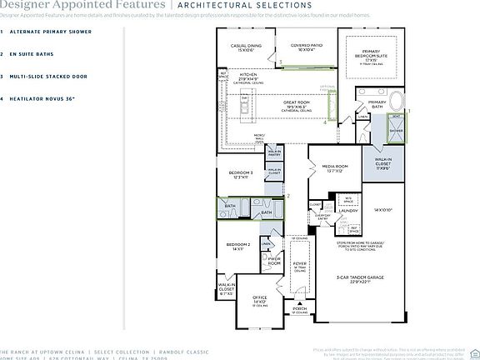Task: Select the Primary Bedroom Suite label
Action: point(372,59)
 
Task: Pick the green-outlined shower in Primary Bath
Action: point(397,129)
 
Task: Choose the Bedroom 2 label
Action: point(239,246)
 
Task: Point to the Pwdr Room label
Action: point(273,261)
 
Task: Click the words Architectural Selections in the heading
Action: point(229,4)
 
